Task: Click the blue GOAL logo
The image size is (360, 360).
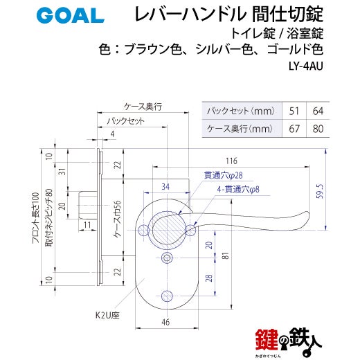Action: [70, 15]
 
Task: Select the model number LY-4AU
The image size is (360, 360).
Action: [305, 66]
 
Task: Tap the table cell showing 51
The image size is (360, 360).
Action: [294, 111]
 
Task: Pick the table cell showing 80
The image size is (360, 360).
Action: [318, 129]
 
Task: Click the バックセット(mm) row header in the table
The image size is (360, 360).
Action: [242, 111]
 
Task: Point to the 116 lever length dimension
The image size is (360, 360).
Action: [231, 161]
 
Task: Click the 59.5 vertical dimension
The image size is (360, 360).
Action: [320, 191]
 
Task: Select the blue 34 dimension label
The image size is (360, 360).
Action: [165, 186]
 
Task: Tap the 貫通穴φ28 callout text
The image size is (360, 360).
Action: [224, 175]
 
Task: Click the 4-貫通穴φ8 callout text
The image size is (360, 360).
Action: [238, 190]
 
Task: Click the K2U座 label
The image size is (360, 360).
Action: [107, 315]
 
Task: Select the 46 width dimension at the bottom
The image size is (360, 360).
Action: [165, 322]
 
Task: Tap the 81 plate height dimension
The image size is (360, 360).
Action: [226, 255]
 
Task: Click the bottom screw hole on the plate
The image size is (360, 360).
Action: [167, 296]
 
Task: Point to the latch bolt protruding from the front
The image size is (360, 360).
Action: [88, 205]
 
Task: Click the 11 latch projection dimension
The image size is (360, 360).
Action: [87, 225]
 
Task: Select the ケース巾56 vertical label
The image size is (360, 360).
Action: [118, 219]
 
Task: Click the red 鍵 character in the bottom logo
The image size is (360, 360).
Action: [267, 339]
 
